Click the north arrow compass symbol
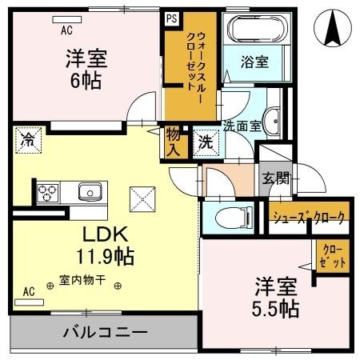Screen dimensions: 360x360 [x=335, y=30]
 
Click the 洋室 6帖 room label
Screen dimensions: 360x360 [x=86, y=70]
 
